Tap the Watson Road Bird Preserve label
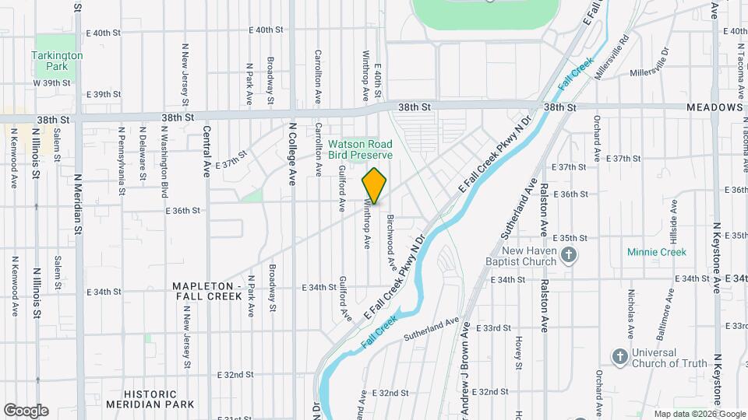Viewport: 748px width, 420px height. point(360,149)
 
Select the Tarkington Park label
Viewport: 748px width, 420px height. point(57,61)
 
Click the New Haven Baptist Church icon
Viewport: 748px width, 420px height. point(570,256)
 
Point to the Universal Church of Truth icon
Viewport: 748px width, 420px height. point(619,356)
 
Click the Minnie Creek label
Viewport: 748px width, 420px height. point(657,252)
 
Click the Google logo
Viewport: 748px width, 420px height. point(26,411)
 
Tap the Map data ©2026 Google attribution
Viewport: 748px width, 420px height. point(699,414)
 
